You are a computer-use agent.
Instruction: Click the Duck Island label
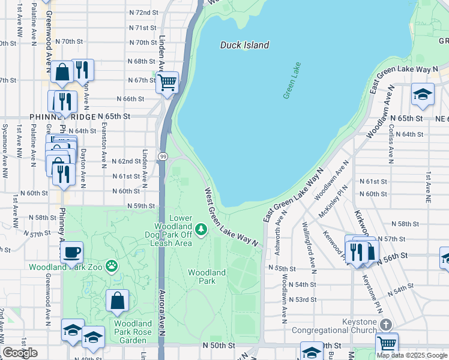[x=244, y=45]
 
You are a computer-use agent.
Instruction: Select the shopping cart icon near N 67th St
[x=167, y=82]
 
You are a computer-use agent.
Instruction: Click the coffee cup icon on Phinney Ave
[x=72, y=253]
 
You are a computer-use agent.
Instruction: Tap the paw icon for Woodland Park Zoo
[x=111, y=265]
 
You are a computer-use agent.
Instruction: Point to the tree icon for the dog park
[x=202, y=229]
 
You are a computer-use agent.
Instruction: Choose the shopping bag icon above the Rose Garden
[x=118, y=301]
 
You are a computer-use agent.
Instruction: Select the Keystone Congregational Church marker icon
[x=385, y=325]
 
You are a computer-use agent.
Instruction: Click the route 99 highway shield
[x=163, y=157]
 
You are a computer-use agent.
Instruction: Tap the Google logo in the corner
[x=20, y=353]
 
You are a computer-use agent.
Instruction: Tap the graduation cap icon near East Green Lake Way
[x=423, y=94]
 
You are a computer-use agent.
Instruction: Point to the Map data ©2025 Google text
[x=412, y=355]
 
